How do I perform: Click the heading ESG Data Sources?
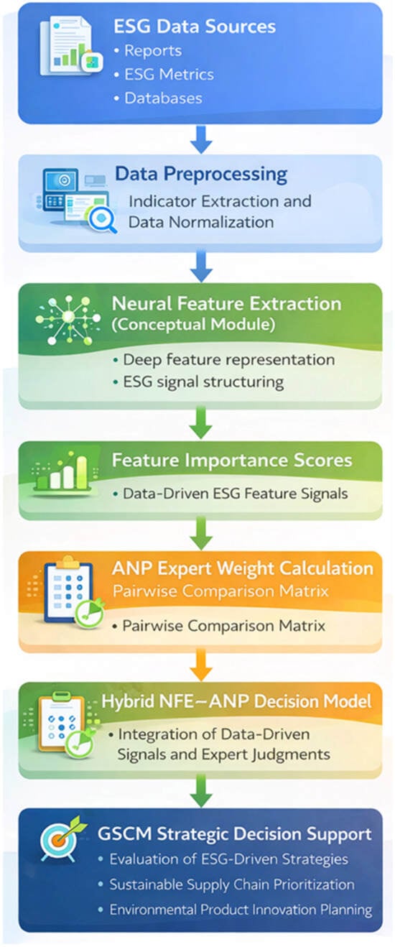[195, 26]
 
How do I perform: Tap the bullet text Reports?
[153, 51]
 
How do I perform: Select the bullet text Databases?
[163, 98]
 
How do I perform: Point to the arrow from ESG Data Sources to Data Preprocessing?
[201, 139]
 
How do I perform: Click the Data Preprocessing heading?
[201, 174]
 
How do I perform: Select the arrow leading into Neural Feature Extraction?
[201, 267]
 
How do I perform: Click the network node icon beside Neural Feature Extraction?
[68, 320]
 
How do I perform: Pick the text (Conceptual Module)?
[193, 325]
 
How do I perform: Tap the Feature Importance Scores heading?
[232, 460]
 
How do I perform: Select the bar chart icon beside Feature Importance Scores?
[64, 473]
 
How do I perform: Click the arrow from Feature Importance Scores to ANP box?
[201, 534]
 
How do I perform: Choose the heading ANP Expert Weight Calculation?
[243, 568]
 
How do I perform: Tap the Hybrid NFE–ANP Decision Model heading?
[236, 701]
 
